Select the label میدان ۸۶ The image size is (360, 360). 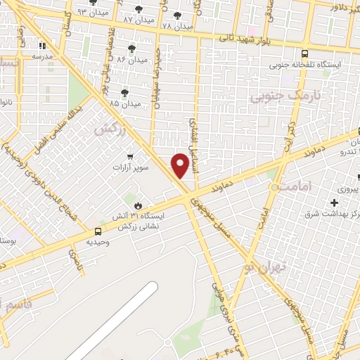click(132, 60)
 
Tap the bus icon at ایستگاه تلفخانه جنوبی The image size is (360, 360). click(304, 53)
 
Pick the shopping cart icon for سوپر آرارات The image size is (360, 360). click(129, 156)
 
